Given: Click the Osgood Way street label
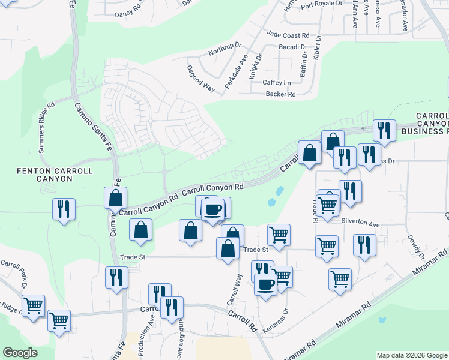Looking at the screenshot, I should [x=200, y=78].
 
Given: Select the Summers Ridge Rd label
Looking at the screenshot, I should [x=47, y=126].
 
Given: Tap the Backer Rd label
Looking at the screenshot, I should [x=281, y=94].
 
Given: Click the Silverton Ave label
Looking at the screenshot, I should [x=361, y=224].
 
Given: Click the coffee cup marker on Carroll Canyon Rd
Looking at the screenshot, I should [x=214, y=209].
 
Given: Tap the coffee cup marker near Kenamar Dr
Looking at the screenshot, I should [x=266, y=283].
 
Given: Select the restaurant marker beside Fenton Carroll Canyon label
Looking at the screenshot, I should [x=64, y=208].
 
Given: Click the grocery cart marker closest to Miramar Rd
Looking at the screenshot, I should [x=340, y=278].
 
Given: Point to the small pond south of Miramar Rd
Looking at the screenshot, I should [x=382, y=320].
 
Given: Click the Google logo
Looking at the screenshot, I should [x=20, y=353].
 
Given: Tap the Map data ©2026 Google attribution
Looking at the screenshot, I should [x=411, y=355].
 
